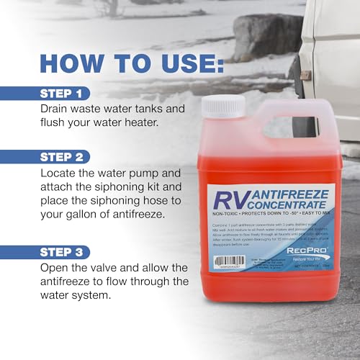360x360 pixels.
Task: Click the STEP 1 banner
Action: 64,93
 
